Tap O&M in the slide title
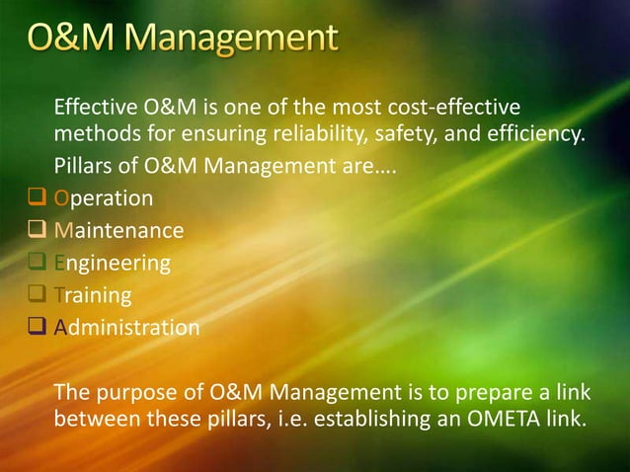click(x=69, y=41)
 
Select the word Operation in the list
click(x=104, y=198)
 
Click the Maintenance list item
click(x=118, y=231)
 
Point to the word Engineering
click(x=112, y=263)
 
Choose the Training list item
click(x=92, y=294)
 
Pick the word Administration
click(x=126, y=327)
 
